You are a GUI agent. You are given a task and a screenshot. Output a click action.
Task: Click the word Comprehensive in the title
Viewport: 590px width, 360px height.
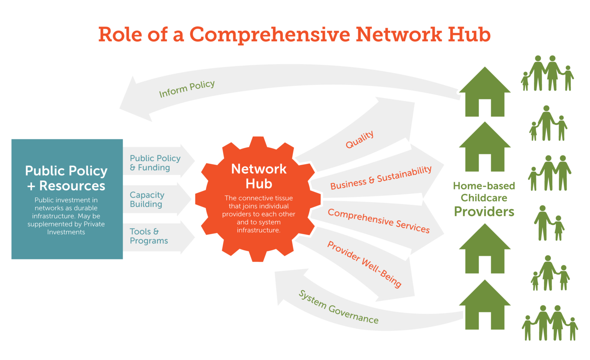coord(269,35)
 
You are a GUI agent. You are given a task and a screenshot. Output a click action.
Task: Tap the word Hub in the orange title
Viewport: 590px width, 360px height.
coord(469,35)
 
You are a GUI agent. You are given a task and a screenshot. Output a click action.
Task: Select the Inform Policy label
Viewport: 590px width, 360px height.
coord(187,89)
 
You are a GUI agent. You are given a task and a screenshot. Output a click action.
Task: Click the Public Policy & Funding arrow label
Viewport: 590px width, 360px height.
coord(155,163)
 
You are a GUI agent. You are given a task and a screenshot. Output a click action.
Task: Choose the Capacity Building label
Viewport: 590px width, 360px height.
coord(147,200)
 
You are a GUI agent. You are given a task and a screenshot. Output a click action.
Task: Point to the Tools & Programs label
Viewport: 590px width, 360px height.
coord(149,236)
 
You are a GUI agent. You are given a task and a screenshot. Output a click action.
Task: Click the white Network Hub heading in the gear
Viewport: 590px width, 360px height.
coord(259,176)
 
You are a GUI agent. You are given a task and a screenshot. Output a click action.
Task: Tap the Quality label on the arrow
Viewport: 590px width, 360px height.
coord(360,139)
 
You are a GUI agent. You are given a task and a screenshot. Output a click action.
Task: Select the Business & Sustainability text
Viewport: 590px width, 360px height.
coord(381,178)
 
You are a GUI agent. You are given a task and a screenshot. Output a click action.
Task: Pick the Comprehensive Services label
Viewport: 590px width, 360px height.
coord(378,221)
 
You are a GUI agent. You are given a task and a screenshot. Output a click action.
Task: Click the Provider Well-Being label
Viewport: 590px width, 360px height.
coord(364,264)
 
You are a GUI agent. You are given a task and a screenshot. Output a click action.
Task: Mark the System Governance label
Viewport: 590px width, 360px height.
coord(338,307)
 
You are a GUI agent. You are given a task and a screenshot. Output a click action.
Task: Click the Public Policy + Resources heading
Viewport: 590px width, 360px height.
coord(66,178)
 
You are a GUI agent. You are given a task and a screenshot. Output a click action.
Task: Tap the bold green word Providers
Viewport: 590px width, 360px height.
coord(484,211)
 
